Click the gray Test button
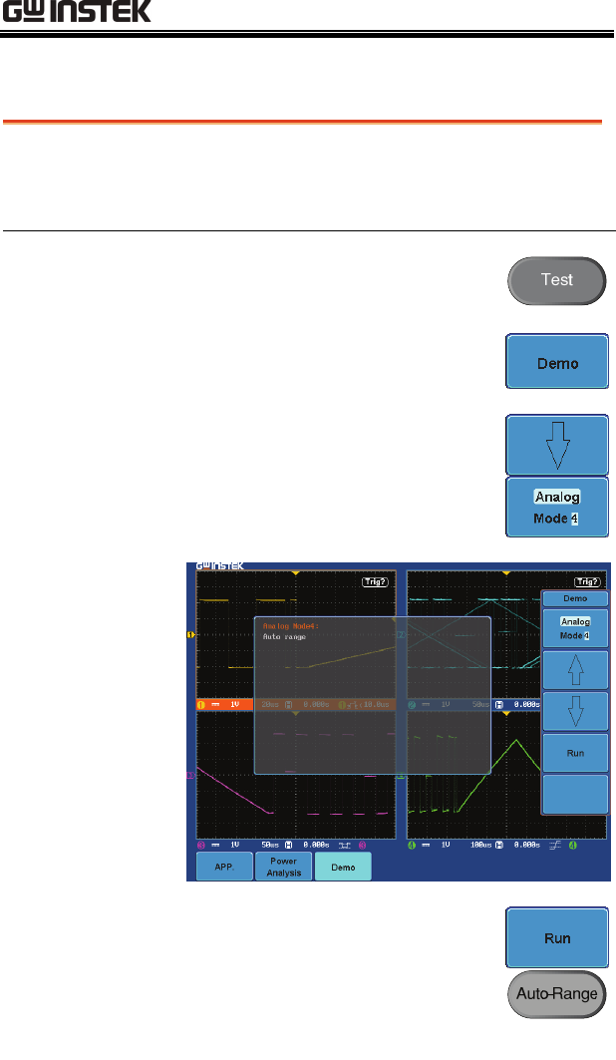tap(556, 280)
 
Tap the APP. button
tap(223, 868)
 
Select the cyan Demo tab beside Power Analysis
tap(343, 868)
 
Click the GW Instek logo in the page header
tap(76, 13)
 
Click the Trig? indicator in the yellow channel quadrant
tap(377, 582)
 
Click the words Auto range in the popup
tap(284, 636)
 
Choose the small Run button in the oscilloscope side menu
tap(575, 754)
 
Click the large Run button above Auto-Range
tap(556, 938)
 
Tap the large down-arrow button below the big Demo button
tap(556, 445)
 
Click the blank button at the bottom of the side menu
tap(575, 795)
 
